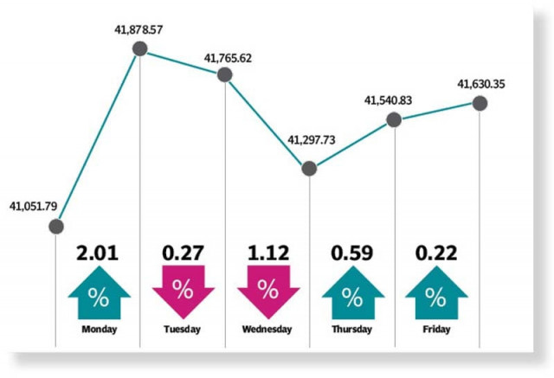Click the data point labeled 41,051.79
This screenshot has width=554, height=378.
point(56,227)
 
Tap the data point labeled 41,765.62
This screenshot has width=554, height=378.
point(225,74)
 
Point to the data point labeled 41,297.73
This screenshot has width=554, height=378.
point(309,169)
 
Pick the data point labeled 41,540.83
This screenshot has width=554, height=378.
point(394,120)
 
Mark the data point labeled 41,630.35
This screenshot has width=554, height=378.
point(479,103)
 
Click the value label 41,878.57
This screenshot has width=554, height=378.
point(140,30)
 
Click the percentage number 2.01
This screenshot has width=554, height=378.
point(99,253)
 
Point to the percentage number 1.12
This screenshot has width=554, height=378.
point(267,253)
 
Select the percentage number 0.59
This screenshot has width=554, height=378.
point(352,253)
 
